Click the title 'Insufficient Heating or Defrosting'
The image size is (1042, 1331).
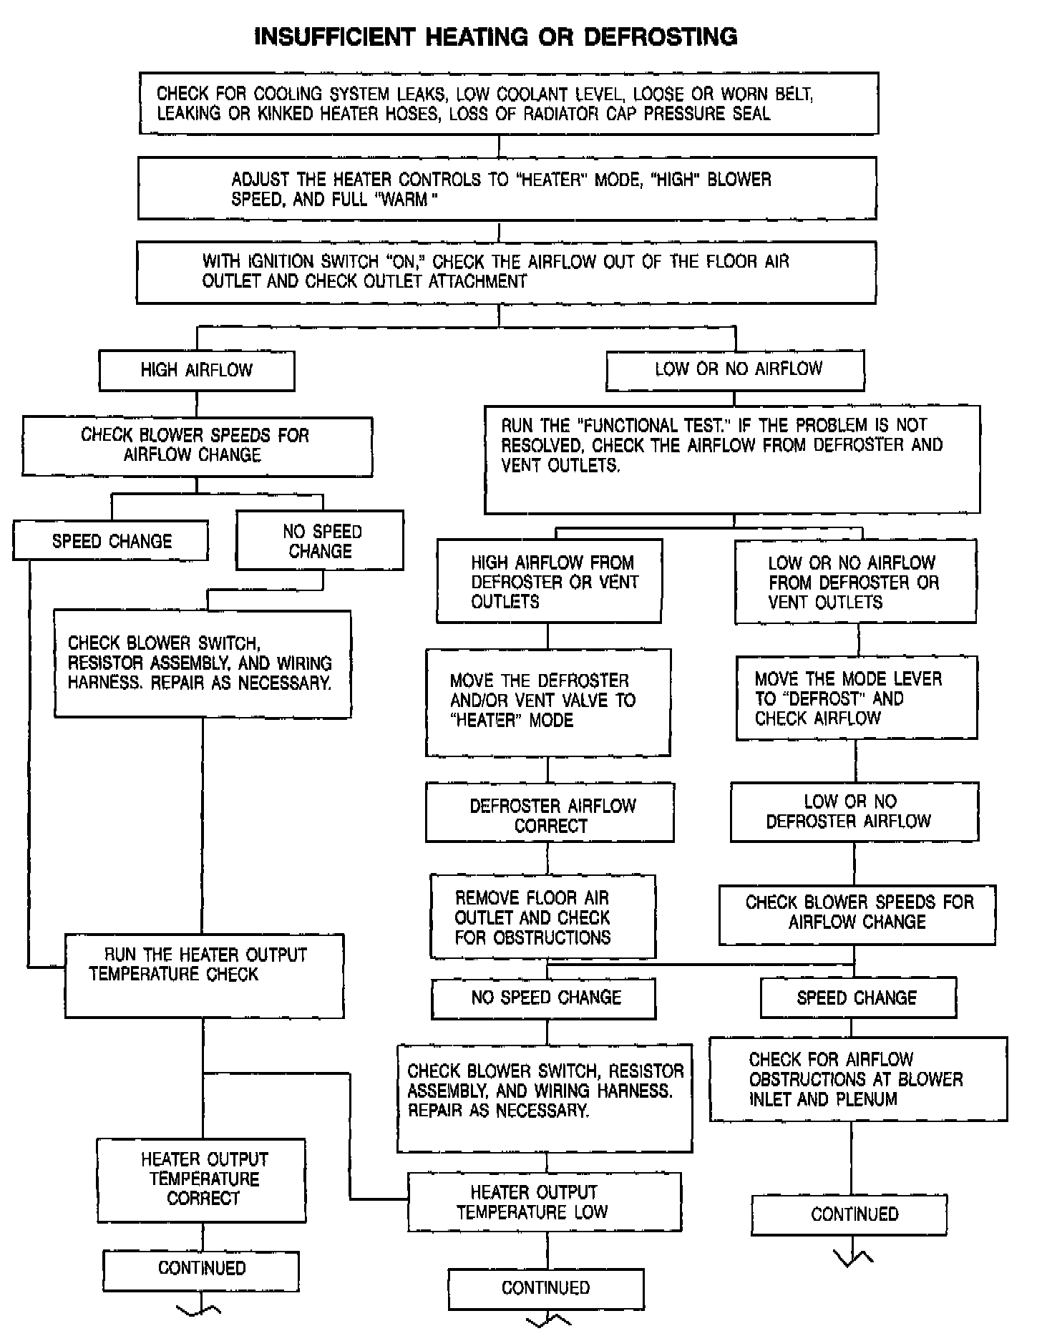496,36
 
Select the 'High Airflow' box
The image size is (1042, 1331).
197,371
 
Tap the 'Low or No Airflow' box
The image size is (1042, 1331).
736,370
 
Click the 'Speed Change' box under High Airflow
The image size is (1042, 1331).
111,541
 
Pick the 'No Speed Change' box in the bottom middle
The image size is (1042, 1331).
544,998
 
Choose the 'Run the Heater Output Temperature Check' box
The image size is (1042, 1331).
205,975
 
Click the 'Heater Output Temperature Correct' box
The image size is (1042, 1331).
202,1180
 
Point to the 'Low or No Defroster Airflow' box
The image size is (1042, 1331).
854,811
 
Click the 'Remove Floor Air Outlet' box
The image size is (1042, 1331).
543,917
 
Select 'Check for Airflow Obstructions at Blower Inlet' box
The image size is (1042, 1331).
858,1079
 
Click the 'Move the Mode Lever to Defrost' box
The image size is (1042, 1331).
857,698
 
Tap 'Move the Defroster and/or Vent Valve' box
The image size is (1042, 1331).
548,702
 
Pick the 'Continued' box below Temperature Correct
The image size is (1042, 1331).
201,1268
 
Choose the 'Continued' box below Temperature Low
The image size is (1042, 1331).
546,1287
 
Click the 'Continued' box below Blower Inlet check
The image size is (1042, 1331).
849,1214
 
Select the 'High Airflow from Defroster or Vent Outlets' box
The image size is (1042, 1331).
550,581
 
